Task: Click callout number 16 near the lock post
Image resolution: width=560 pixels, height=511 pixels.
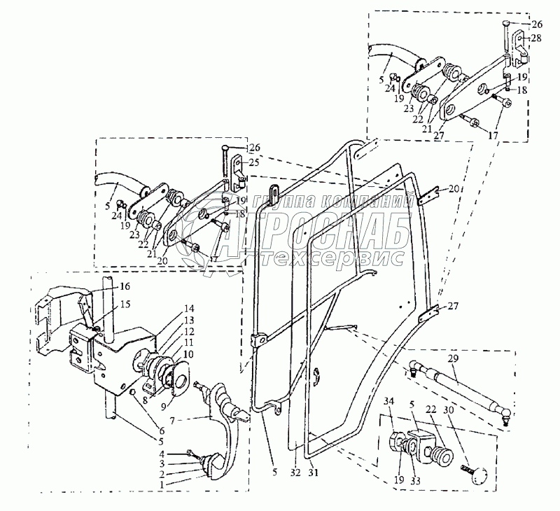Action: pyautogui.click(x=124, y=286)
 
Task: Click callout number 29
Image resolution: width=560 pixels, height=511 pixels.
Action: pyautogui.click(x=453, y=358)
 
